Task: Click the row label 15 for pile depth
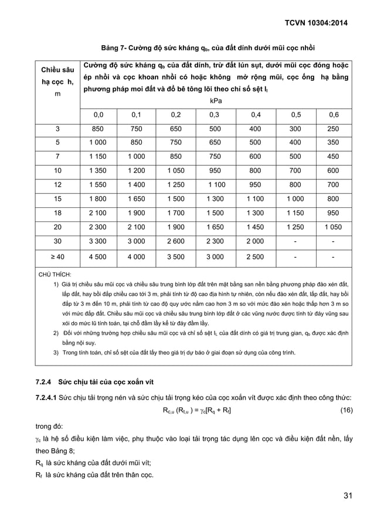tap(57, 199)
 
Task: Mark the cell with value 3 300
tap(98, 241)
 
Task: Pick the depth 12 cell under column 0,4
tap(254, 185)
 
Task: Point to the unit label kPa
tap(215, 101)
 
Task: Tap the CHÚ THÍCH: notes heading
tap(55, 274)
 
